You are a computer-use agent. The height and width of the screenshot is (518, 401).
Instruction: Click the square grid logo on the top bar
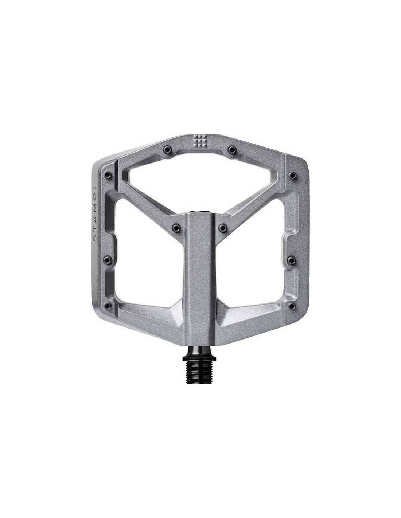click(x=199, y=140)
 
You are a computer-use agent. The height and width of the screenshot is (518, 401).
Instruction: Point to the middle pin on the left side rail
click(x=108, y=259)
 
